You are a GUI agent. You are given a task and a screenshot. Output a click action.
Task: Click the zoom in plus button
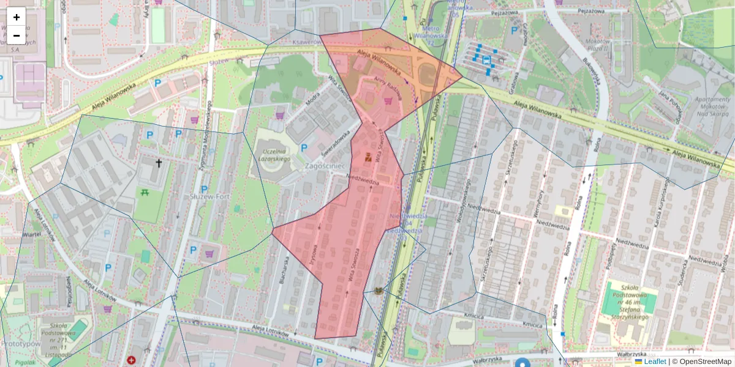pyautogui.click(x=17, y=17)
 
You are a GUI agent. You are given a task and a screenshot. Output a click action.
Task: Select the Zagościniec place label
pyautogui.click(x=328, y=166)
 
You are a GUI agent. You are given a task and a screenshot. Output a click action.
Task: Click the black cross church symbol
pyautogui.click(x=159, y=163)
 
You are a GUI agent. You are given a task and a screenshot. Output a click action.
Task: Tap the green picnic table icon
pyautogui.click(x=145, y=193)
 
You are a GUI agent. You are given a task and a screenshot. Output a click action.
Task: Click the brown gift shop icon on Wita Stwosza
pyautogui.click(x=368, y=157)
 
